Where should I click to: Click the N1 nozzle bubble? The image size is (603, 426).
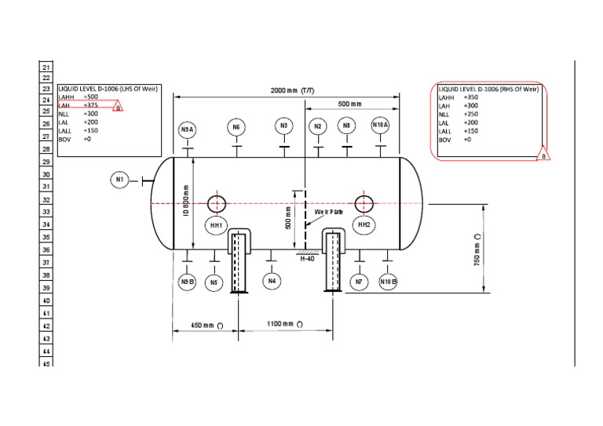119,180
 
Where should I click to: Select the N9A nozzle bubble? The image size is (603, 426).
187,129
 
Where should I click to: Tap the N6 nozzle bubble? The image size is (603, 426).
236,126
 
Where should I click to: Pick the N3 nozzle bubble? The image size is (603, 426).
284,126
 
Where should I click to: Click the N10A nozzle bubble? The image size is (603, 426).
381,126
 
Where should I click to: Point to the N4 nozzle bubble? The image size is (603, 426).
272,280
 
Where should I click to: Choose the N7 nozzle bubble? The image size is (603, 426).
359,281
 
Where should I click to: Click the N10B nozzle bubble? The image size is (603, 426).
388,281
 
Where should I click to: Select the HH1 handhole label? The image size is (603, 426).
216,226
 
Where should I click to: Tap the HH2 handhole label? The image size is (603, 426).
364,225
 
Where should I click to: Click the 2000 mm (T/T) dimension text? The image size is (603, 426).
292,90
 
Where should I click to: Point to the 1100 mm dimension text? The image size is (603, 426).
284,324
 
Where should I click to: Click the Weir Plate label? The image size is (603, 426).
330,213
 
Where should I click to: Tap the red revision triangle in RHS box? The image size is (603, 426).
543,155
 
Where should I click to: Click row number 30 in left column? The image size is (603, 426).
46,174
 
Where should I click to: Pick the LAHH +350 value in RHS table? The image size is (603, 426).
471,97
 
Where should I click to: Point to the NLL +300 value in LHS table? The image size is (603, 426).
91,114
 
